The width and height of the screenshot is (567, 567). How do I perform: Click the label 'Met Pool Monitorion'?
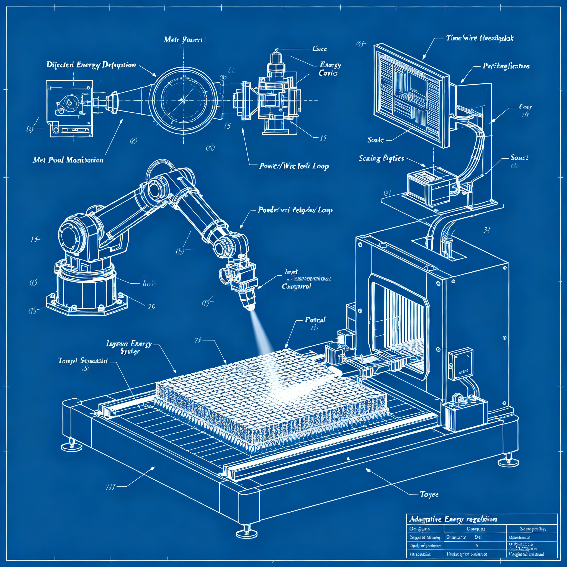pos(68,160)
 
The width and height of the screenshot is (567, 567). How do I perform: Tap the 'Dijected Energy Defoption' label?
pos(91,65)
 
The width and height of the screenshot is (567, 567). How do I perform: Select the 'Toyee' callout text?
pos(429,494)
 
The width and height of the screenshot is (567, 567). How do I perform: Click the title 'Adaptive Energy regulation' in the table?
pos(453,519)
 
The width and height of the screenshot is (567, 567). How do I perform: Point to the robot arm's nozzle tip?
pos(249,308)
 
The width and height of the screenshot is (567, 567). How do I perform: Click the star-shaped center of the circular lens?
pos(184,100)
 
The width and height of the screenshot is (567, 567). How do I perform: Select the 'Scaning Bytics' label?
pos(381,158)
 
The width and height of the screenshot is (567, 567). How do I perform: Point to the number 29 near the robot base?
pos(151,307)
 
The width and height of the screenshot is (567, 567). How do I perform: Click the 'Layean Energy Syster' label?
pos(129,347)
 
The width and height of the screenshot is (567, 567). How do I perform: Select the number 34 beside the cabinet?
pos(486,230)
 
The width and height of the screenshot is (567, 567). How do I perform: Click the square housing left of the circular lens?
pos(70,109)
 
